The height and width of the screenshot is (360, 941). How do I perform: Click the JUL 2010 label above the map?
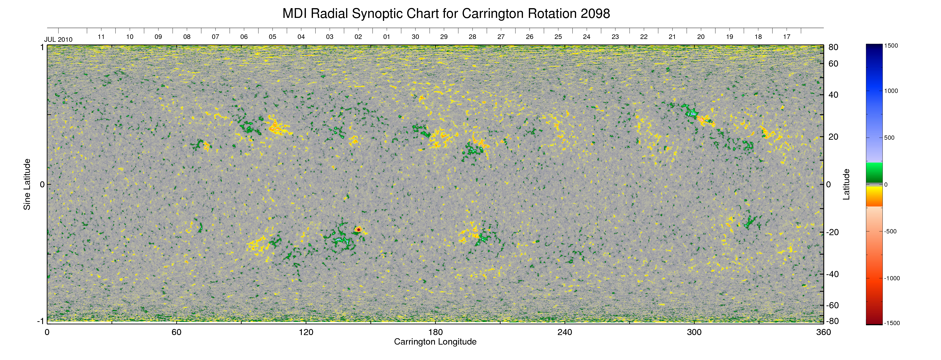tap(58, 39)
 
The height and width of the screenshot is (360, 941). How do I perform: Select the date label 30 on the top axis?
tap(415, 37)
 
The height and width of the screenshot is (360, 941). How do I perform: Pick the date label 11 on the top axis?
tap(101, 37)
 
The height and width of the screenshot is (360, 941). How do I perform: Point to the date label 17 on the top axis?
tap(787, 37)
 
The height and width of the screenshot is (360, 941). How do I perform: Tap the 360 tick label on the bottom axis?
tap(823, 332)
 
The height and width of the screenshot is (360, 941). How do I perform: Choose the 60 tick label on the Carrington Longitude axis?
tap(176, 332)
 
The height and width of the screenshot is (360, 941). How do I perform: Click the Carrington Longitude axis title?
tap(435, 342)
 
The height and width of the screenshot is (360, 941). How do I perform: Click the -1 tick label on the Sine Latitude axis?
tap(41, 321)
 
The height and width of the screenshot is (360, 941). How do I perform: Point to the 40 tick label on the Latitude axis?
tap(833, 95)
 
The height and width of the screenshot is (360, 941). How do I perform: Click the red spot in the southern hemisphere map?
tap(358, 229)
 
